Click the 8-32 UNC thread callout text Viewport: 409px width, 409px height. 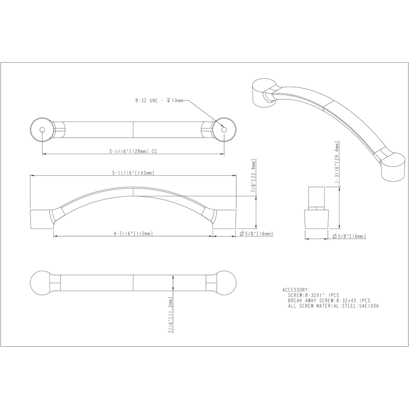click(x=159, y=100)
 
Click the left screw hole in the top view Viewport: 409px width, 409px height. click(x=42, y=130)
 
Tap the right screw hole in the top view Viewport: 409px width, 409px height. click(x=224, y=130)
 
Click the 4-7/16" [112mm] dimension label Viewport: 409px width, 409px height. click(x=133, y=234)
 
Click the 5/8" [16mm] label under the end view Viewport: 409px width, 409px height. click(x=349, y=236)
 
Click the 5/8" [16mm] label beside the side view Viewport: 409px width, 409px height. click(x=256, y=234)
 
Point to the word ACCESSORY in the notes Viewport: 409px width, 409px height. click(x=296, y=289)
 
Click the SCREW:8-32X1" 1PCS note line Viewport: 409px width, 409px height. click(x=314, y=295)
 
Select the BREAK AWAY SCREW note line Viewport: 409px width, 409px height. click(x=329, y=300)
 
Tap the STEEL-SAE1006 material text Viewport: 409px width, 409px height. click(x=360, y=306)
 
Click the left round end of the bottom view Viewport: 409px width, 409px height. click(x=43, y=284)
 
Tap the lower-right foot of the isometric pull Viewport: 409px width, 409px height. click(x=393, y=168)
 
